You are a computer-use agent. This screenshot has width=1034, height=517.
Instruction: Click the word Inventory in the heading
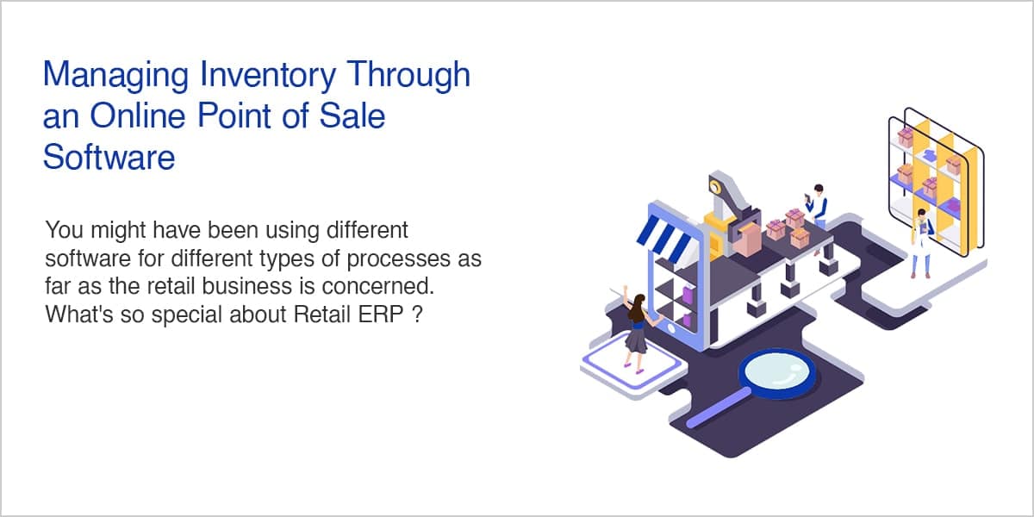pos(268,76)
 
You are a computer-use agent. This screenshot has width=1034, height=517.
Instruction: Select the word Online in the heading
pos(138,115)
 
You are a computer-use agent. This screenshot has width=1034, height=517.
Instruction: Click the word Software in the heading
pos(109,157)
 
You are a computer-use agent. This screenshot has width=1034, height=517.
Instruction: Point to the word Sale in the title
pos(352,115)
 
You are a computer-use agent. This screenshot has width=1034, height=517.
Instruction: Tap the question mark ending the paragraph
pos(416,315)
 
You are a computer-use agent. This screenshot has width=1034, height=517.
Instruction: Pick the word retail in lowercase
pos(171,286)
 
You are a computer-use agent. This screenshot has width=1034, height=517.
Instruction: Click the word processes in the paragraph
pos(399,258)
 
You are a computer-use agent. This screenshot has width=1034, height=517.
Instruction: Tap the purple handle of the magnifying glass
pos(719,408)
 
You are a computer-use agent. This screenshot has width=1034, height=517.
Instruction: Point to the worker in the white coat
pos(921,243)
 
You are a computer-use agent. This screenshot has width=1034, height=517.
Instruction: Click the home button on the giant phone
pos(671,328)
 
